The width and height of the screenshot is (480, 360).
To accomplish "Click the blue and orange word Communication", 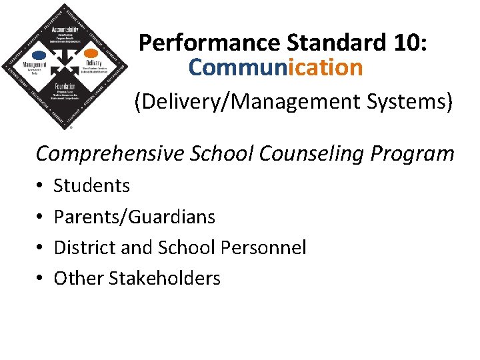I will (x=275, y=67).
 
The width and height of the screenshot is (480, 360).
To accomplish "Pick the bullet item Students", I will (x=91, y=185).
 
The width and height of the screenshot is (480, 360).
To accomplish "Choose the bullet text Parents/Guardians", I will (x=134, y=217).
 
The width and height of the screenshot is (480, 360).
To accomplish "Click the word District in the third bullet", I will (x=83, y=248).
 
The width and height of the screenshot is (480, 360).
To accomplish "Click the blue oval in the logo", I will (x=40, y=55).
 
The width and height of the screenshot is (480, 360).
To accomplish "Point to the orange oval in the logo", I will (x=91, y=53).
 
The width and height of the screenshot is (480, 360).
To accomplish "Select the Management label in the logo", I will (x=35, y=65).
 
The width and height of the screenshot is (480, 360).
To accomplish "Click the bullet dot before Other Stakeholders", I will (x=40, y=278).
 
